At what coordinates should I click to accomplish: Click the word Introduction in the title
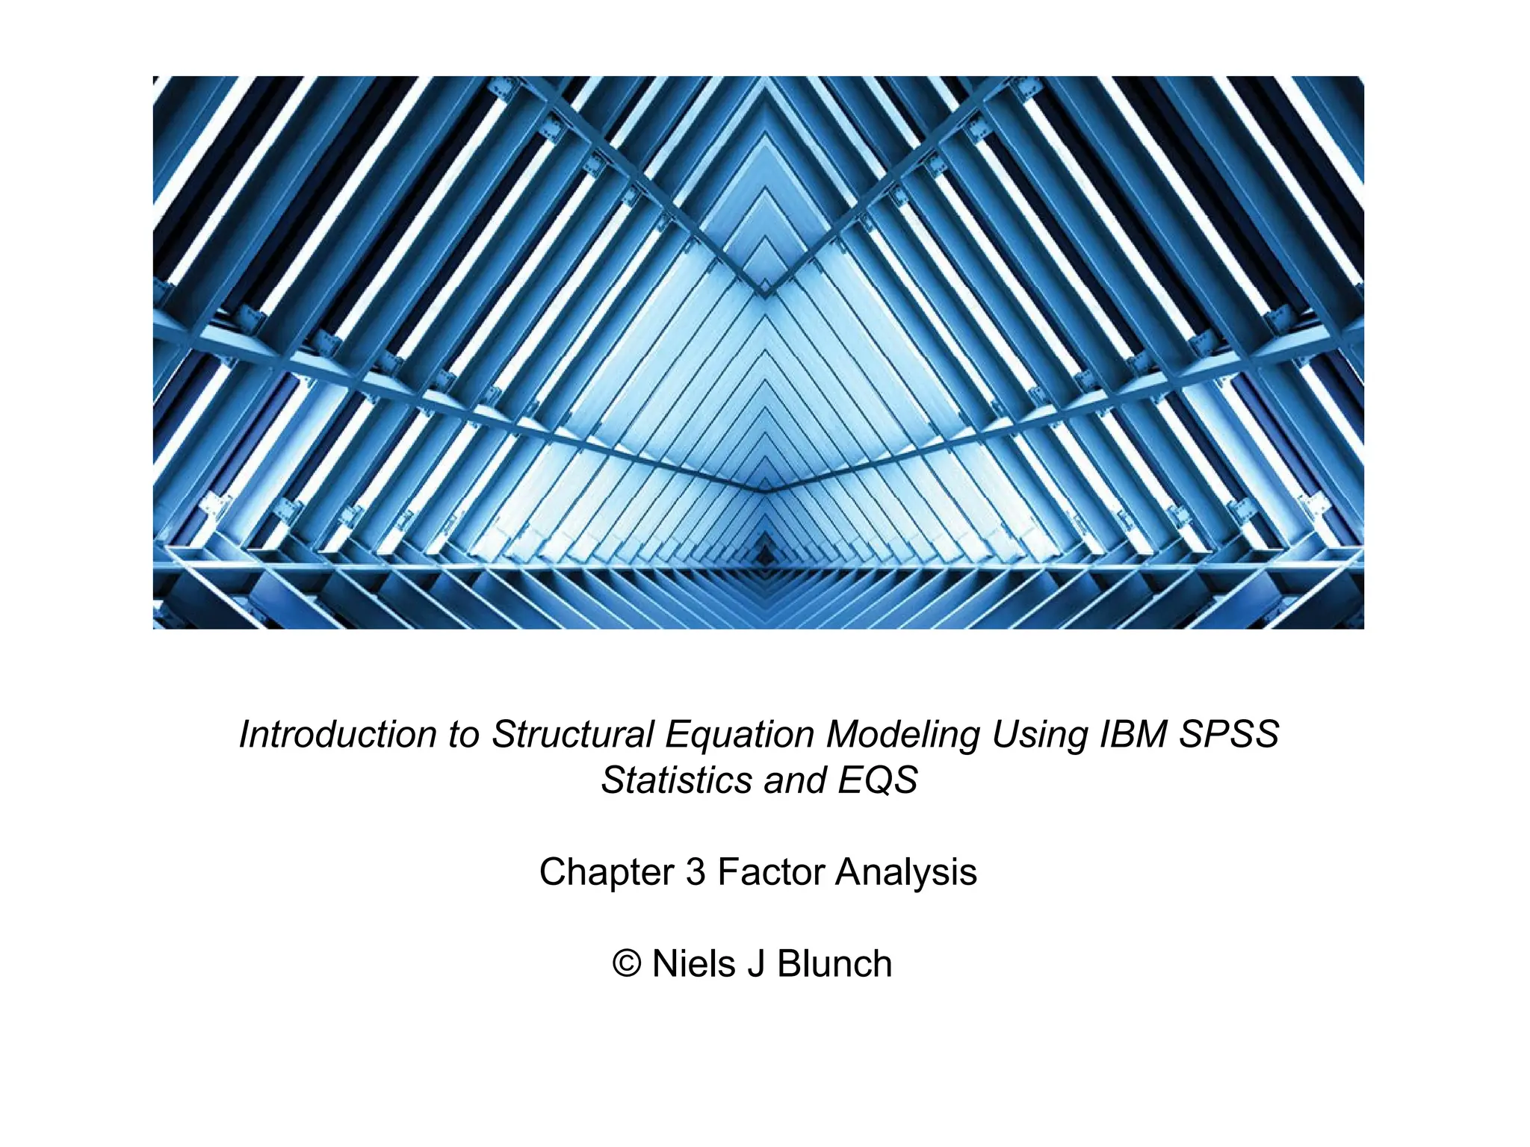point(338,735)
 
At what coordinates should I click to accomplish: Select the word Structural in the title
point(572,735)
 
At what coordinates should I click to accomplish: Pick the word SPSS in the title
point(1229,735)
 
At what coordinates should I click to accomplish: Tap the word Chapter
point(607,872)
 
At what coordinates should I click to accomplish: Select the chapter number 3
point(696,872)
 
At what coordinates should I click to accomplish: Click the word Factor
point(769,872)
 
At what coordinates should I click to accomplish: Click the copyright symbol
point(627,964)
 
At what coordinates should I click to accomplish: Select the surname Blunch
point(834,964)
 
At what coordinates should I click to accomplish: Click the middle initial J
point(756,964)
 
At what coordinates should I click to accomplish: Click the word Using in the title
point(1039,735)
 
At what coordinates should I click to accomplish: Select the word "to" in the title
point(463,735)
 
